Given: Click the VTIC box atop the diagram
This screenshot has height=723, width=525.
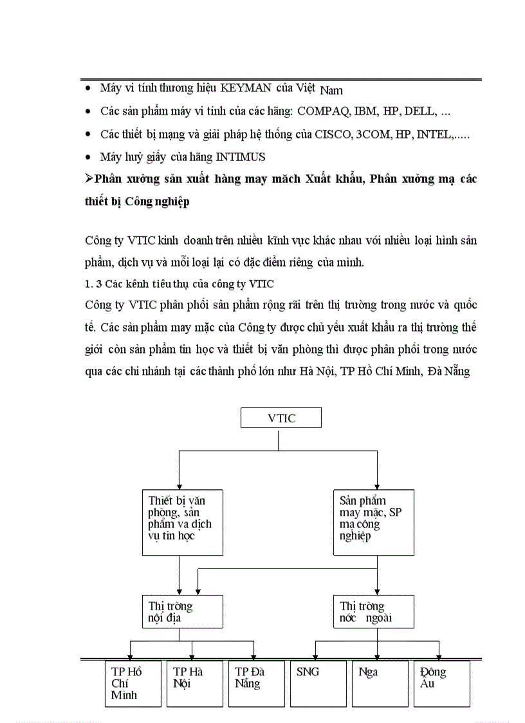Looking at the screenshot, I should (281, 418).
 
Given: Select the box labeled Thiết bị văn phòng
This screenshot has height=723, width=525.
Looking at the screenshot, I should (178, 522).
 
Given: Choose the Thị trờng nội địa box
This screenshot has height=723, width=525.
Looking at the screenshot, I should (183, 612).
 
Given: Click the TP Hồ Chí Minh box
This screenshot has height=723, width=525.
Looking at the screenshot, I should (133, 683).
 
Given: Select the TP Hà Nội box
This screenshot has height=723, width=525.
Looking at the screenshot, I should (194, 683).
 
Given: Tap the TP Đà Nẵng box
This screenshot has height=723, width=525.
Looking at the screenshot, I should (256, 683).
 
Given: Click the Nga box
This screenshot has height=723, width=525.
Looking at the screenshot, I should (380, 683).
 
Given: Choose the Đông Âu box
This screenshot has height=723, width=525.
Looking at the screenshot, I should (441, 683).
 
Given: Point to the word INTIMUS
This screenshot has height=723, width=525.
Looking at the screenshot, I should (241, 157).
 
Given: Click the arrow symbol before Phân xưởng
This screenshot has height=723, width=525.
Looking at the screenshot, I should (89, 179).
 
